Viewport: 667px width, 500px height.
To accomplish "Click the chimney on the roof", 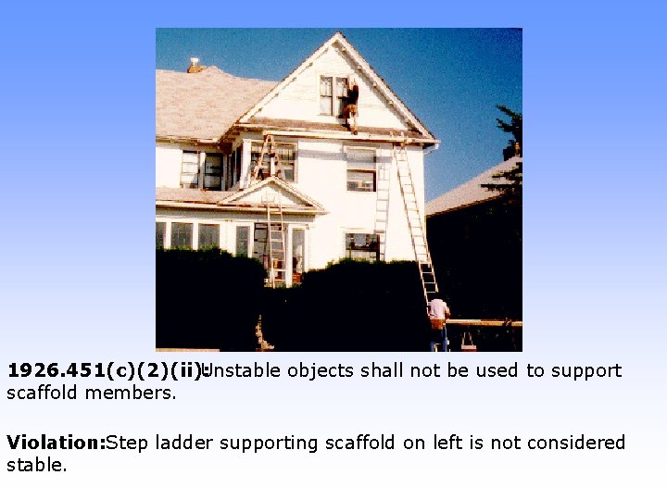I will (x=195, y=65).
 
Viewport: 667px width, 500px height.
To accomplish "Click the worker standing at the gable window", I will (x=351, y=105).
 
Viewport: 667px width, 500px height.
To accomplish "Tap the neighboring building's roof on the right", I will (x=468, y=190).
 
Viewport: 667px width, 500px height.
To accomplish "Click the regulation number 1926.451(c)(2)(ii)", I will (x=104, y=371).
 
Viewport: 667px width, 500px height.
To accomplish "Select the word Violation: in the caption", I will (x=56, y=444).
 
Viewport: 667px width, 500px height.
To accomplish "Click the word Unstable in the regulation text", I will (x=242, y=371).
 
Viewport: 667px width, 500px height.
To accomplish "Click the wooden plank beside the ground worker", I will (x=486, y=323).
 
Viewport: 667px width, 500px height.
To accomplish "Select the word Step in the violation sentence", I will (x=125, y=444).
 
